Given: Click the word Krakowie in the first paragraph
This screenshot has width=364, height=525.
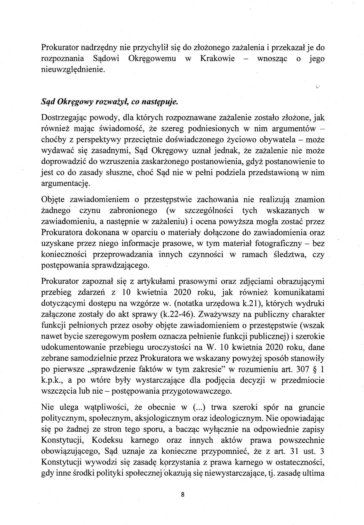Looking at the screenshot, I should pyautogui.click(x=217, y=58).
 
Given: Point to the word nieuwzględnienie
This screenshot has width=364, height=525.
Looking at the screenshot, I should pyautogui.click(x=73, y=70).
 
